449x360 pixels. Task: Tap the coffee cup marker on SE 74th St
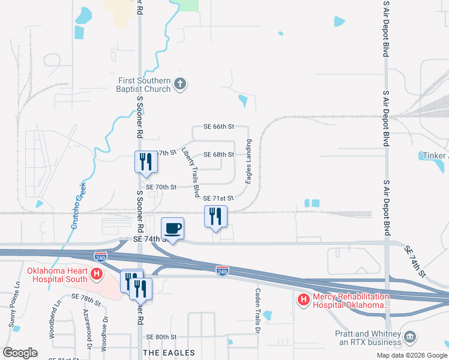[173, 228]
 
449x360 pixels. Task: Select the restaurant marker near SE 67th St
[145, 161]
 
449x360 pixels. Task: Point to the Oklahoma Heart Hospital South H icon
[96, 275]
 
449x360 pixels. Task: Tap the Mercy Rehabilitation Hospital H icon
[304, 299]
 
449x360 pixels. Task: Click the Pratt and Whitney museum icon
[411, 338]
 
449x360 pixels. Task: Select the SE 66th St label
[218, 127]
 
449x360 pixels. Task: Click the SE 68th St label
[218, 154]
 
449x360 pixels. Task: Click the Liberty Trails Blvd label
[190, 173]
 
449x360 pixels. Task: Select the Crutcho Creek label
[77, 207]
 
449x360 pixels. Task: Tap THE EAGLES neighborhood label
[169, 352]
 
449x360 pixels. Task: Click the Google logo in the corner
[20, 353]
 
